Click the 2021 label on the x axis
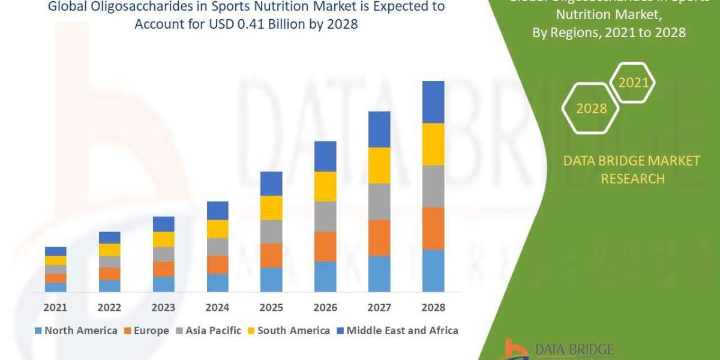pos(55,307)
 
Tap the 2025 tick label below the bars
pos(271,307)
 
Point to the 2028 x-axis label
pos(433,307)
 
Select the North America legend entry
pos(76,331)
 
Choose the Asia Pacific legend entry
pos(208,331)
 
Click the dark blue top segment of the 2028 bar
pos(433,102)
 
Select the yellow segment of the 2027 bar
pos(379,165)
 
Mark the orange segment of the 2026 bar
pos(325,246)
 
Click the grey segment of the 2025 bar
pos(271,231)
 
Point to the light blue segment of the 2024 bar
pos(217,283)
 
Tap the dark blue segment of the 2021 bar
pos(55,251)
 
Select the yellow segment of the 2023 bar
pos(163,239)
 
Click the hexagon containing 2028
pos(590,109)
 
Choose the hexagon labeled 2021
pos(632,83)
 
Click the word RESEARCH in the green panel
pos(632,179)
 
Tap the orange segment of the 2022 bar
pos(109,274)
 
